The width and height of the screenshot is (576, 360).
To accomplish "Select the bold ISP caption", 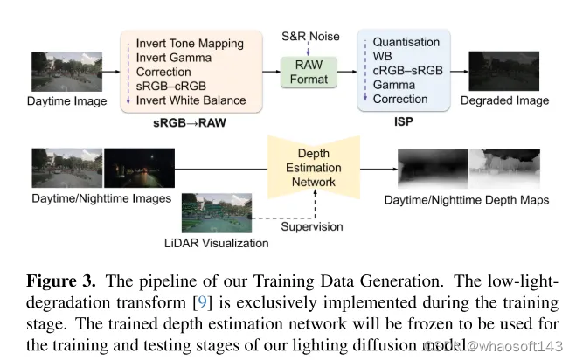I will coord(407,122).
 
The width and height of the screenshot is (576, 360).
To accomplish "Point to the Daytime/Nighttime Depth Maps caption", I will coord(467,200).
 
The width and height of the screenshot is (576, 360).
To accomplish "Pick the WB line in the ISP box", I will coord(383,56).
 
